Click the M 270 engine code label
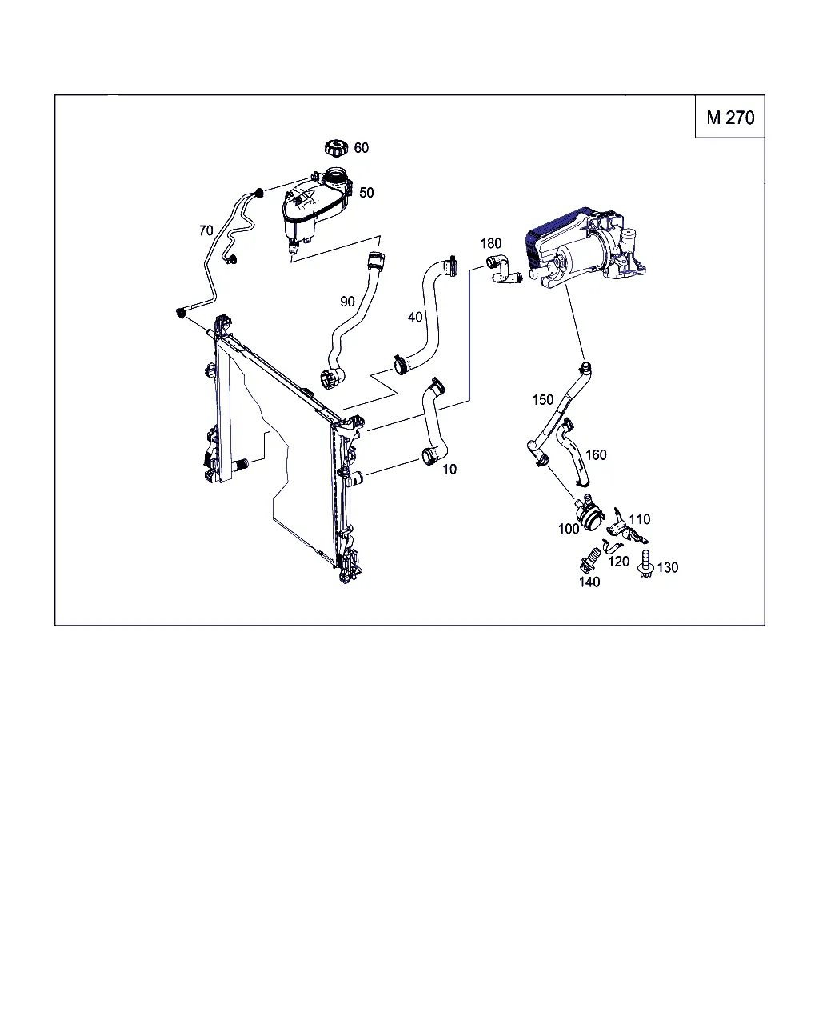[x=730, y=118]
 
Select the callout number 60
[x=362, y=148]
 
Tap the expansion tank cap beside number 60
[x=337, y=147]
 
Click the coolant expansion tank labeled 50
[x=317, y=209]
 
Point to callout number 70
[x=206, y=230]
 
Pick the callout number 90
[x=347, y=302]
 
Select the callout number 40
[x=415, y=317]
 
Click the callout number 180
[x=491, y=244]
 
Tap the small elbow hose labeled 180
[x=504, y=270]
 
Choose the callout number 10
[x=449, y=470]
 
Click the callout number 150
[x=543, y=400]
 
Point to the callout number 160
[x=597, y=455]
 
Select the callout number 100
[x=569, y=529]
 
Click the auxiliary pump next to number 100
[x=589, y=514]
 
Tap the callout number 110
[x=640, y=519]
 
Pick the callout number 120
[x=619, y=562]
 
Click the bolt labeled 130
[x=645, y=564]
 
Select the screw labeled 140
[x=590, y=559]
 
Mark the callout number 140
[x=589, y=582]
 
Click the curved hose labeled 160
[x=575, y=451]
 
